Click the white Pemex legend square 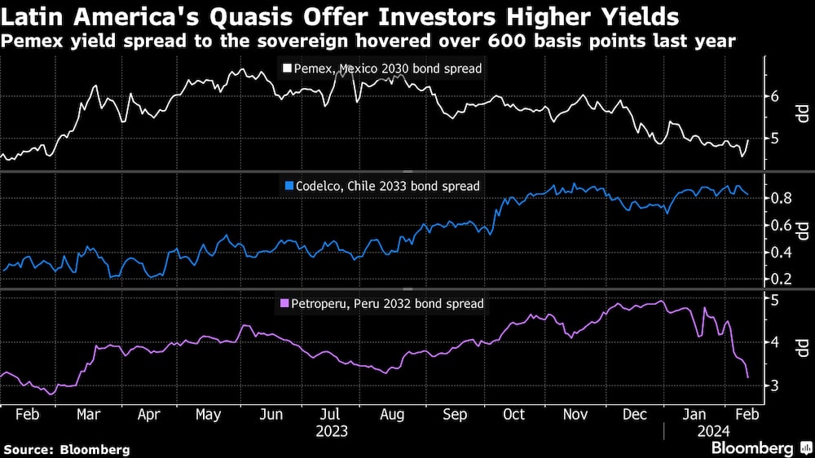click(287, 69)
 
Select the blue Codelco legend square click(288, 187)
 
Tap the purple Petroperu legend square click(285, 304)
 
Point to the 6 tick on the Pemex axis click(774, 96)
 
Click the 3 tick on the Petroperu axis click(774, 385)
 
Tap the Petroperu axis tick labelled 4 click(774, 342)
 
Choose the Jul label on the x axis click(331, 414)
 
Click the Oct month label click(514, 414)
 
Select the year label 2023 click(331, 430)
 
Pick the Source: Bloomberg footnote click(66, 449)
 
